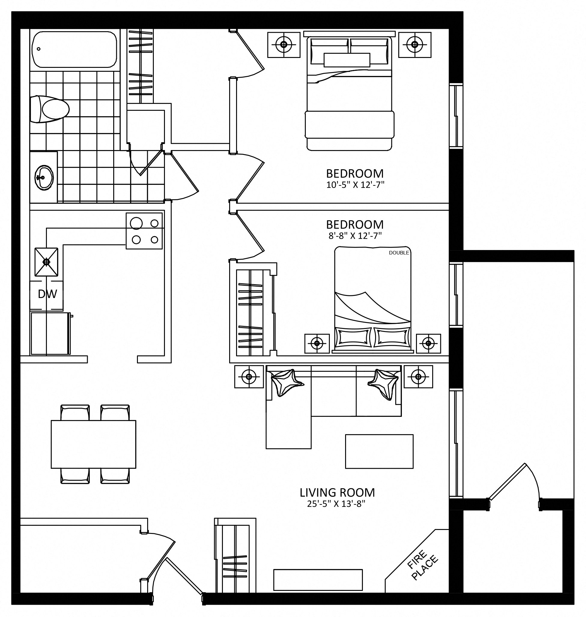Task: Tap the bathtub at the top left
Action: (75, 49)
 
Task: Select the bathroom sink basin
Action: (44, 178)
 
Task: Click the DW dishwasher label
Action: (47, 294)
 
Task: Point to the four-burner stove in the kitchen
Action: (144, 231)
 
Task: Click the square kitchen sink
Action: (46, 262)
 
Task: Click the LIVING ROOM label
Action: (337, 492)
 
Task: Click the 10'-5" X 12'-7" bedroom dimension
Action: (355, 185)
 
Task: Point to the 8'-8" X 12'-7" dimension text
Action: (355, 236)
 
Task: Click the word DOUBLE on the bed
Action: (399, 253)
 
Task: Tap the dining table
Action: (93, 444)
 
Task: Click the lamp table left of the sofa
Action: (249, 377)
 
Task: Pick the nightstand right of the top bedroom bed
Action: (414, 45)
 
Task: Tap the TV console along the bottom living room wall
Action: (318, 580)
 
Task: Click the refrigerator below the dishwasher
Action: (50, 333)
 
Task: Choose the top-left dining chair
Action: (75, 413)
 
